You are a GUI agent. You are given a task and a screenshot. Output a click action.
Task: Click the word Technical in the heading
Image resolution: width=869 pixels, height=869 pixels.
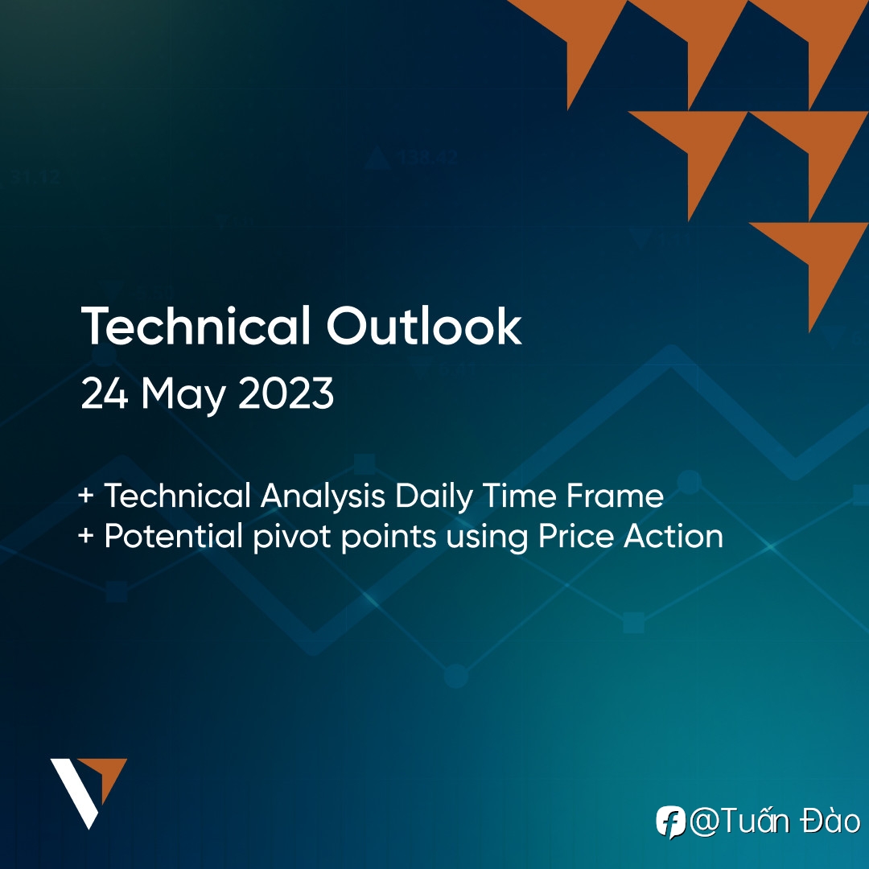tap(196, 326)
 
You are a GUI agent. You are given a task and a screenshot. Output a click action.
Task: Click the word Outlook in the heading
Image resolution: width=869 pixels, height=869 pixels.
tap(425, 326)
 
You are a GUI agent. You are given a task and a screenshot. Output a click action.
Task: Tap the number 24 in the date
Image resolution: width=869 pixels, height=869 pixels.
tap(105, 393)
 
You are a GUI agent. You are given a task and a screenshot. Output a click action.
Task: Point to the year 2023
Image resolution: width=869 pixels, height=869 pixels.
tap(286, 393)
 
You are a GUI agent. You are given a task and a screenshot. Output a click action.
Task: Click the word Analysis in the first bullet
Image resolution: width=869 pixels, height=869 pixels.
tap(323, 496)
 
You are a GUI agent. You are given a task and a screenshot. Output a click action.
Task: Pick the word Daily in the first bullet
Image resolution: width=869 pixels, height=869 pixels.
tap(434, 496)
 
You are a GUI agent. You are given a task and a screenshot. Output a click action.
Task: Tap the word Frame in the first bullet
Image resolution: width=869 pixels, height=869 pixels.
tap(615, 495)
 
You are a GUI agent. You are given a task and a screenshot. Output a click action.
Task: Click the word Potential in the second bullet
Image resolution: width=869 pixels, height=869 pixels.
tap(174, 537)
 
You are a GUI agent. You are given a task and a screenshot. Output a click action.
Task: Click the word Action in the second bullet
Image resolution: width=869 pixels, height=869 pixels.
tap(673, 537)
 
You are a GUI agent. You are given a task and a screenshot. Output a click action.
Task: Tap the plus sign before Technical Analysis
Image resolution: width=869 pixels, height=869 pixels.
tap(85, 495)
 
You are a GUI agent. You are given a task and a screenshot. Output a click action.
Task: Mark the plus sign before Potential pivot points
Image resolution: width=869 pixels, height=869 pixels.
tap(85, 536)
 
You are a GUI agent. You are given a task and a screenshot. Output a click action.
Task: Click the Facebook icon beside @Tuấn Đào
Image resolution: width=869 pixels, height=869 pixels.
tap(670, 822)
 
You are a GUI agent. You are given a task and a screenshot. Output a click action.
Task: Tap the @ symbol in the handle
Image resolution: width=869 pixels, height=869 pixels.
tap(704, 822)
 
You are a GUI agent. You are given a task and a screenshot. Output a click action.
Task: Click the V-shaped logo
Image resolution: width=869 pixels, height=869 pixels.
tap(89, 793)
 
